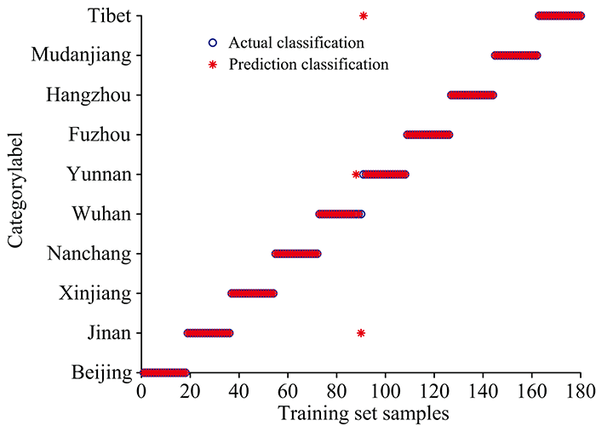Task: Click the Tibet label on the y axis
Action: coord(110,15)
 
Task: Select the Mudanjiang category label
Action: coord(81,55)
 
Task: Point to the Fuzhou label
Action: coord(100,135)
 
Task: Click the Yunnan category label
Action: coord(98,175)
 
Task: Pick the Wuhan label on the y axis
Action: coord(101,214)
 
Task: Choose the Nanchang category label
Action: coord(89,254)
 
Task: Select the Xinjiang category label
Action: coord(95,294)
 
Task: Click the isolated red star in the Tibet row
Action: coord(364,15)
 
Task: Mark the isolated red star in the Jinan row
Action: coord(361,333)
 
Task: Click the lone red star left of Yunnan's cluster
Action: coord(356,175)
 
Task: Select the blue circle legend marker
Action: coord(213,42)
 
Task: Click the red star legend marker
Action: coord(213,64)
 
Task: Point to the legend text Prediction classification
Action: coord(308,64)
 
